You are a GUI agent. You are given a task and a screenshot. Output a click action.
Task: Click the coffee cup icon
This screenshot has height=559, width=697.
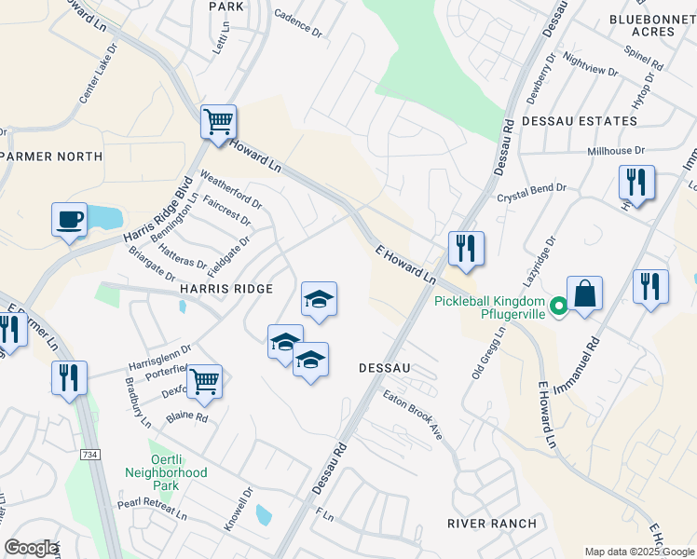(70, 221)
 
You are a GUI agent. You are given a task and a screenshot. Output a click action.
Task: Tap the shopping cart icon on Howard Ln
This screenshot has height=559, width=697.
(218, 121)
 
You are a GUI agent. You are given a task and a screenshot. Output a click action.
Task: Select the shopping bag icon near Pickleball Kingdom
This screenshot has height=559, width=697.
(584, 293)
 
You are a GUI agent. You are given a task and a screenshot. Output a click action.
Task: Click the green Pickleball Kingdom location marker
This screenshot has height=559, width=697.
(558, 306)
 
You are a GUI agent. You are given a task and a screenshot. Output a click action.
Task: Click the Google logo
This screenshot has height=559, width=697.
(31, 548)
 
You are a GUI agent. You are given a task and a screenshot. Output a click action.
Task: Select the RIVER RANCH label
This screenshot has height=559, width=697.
(492, 524)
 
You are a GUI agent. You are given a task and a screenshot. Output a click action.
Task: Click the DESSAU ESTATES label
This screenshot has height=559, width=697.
(579, 121)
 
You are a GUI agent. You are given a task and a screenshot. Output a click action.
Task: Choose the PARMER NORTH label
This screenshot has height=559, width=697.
(52, 156)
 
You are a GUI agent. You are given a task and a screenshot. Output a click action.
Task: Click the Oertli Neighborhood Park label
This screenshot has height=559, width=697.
(166, 479)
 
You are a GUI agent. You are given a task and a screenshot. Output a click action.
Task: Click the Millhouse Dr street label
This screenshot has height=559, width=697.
(616, 150)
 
